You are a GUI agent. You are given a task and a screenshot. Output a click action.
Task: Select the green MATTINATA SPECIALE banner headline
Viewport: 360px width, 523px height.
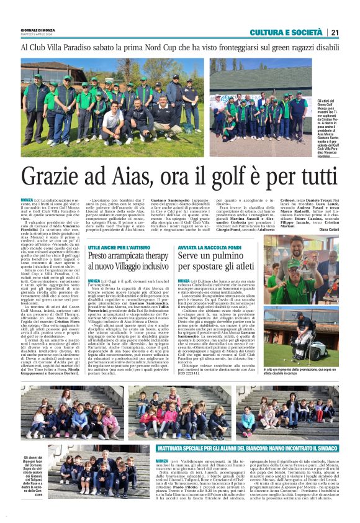click(x=239, y=448)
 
